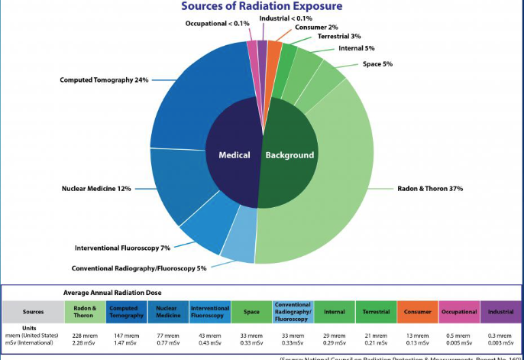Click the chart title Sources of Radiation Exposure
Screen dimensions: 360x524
tap(262, 7)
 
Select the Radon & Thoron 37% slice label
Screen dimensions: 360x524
tap(430, 188)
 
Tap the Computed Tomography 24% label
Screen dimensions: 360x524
tap(104, 79)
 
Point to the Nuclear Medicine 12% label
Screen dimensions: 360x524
tap(97, 188)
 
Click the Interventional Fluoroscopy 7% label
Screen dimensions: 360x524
tap(122, 248)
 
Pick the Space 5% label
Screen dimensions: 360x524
tap(377, 63)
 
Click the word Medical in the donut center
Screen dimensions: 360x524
tap(235, 155)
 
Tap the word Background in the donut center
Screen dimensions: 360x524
tap(289, 155)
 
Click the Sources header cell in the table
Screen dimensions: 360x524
tap(33, 312)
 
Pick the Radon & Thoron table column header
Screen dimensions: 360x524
tap(85, 312)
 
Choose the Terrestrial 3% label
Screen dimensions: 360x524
tap(339, 36)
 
